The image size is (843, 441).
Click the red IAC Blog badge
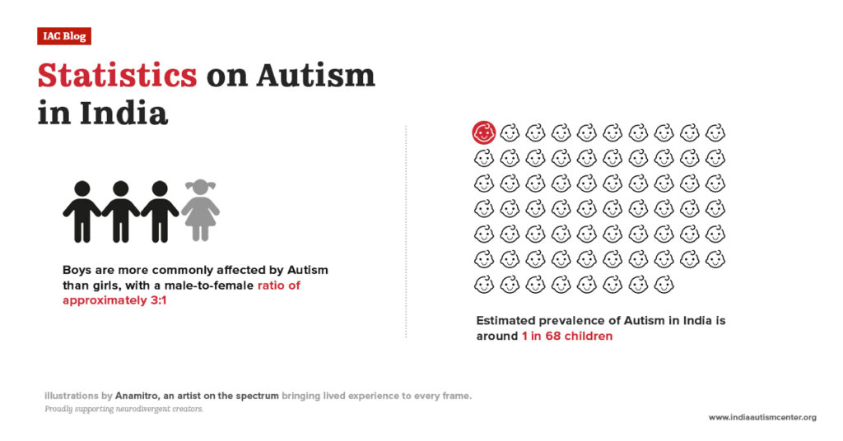pyautogui.click(x=63, y=36)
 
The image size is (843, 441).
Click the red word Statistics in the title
pyautogui.click(x=117, y=76)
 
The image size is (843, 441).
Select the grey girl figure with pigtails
pyautogui.click(x=200, y=211)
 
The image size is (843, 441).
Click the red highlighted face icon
pyautogui.click(x=484, y=132)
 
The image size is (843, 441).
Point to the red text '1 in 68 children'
pyautogui.click(x=566, y=336)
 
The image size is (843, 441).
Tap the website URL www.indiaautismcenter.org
pyautogui.click(x=761, y=418)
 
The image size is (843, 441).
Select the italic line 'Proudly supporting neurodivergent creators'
pyautogui.click(x=124, y=409)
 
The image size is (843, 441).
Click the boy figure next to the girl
pyautogui.click(x=160, y=211)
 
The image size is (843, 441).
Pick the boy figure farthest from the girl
pyautogui.click(x=82, y=211)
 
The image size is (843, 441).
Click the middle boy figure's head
pyautogui.click(x=121, y=188)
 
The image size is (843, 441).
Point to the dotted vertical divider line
pyautogui.click(x=406, y=230)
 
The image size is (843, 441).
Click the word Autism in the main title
pyautogui.click(x=316, y=76)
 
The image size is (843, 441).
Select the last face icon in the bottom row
pyautogui.click(x=663, y=285)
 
